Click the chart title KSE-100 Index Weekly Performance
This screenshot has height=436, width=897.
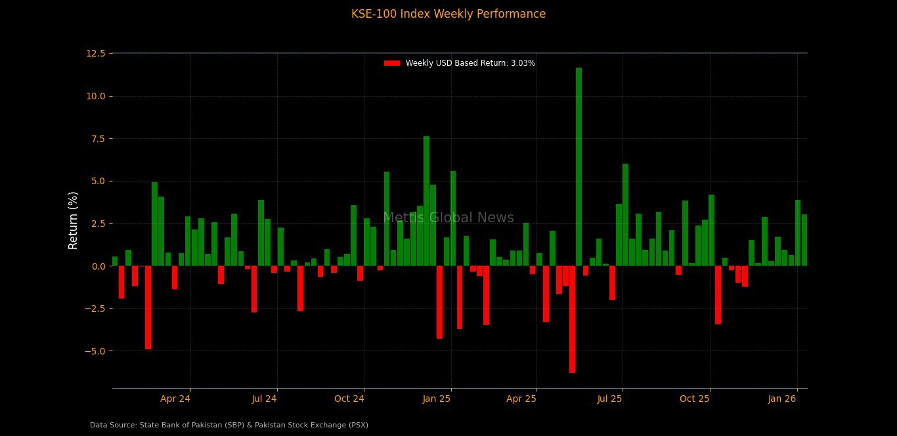pos(448,14)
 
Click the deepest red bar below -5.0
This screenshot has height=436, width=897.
pos(572,319)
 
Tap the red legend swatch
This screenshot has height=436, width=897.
pos(392,63)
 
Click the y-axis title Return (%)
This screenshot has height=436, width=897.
pos(74,220)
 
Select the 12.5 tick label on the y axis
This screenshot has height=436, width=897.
pos(96,53)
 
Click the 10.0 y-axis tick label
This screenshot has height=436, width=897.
pos(96,96)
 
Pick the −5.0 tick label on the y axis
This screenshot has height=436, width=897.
pos(95,351)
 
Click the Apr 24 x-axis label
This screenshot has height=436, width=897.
pos(175,399)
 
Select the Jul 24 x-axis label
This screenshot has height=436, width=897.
pos(265,399)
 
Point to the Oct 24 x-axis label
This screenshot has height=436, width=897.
pos(349,399)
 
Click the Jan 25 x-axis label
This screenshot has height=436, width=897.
pos(437,399)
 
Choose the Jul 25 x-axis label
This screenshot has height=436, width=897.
pos(610,399)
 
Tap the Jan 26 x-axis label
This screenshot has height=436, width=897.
pos(783,399)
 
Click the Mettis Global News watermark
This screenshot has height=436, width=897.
pos(448,218)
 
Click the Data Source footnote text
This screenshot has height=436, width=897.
pos(229,425)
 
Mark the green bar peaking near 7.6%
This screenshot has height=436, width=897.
pos(426,201)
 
